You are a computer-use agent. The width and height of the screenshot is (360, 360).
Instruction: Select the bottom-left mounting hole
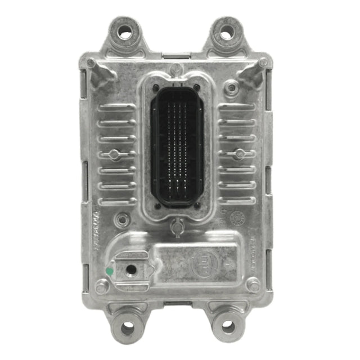coord(128,325)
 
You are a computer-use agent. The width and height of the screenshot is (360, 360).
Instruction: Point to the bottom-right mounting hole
coord(228,325)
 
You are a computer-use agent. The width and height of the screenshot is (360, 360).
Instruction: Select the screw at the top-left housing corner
coord(92,63)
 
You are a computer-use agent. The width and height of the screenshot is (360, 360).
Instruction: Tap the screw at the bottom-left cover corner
coord(102,287)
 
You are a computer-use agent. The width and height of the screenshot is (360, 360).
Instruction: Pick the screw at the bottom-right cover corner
coord(254,286)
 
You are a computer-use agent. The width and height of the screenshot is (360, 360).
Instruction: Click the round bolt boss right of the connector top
coord(231,88)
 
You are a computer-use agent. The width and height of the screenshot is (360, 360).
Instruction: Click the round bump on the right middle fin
coord(240,154)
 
